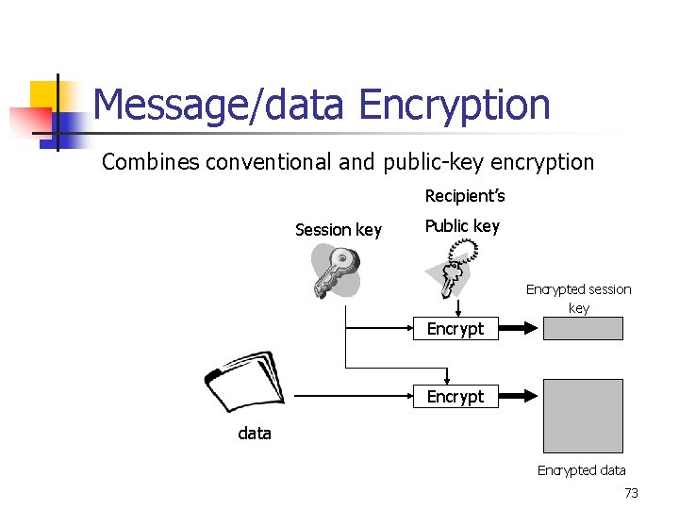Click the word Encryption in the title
coord(455,104)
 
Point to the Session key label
coord(339,230)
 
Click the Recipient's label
coord(465,196)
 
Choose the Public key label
coord(462,226)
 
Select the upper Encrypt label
coord(455,329)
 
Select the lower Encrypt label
coord(455,397)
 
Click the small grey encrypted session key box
coord(583,328)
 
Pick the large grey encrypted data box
coord(583,417)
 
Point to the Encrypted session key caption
coord(578,298)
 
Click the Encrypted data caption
coord(581,470)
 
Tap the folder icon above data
coord(241,383)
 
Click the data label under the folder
coord(255,434)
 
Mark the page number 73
coord(631,493)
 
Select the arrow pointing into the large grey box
coord(518,397)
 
